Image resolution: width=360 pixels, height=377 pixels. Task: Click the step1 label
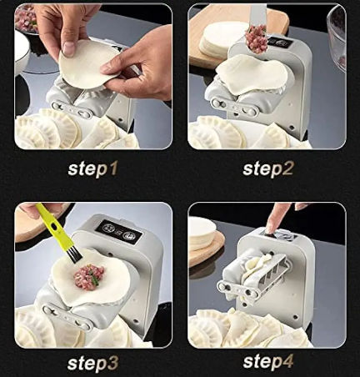92,169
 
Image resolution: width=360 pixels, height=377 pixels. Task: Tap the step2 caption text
267,169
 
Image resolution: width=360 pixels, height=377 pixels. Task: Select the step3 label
92,362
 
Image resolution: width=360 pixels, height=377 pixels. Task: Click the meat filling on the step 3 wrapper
87,276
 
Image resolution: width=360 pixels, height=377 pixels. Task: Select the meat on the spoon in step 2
257,38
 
